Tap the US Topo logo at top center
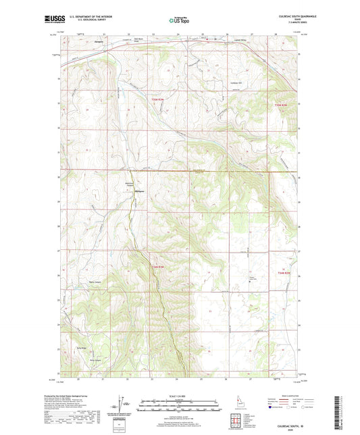[x=180, y=21]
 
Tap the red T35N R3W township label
[x=157, y=100]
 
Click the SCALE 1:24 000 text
[x=180, y=394]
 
